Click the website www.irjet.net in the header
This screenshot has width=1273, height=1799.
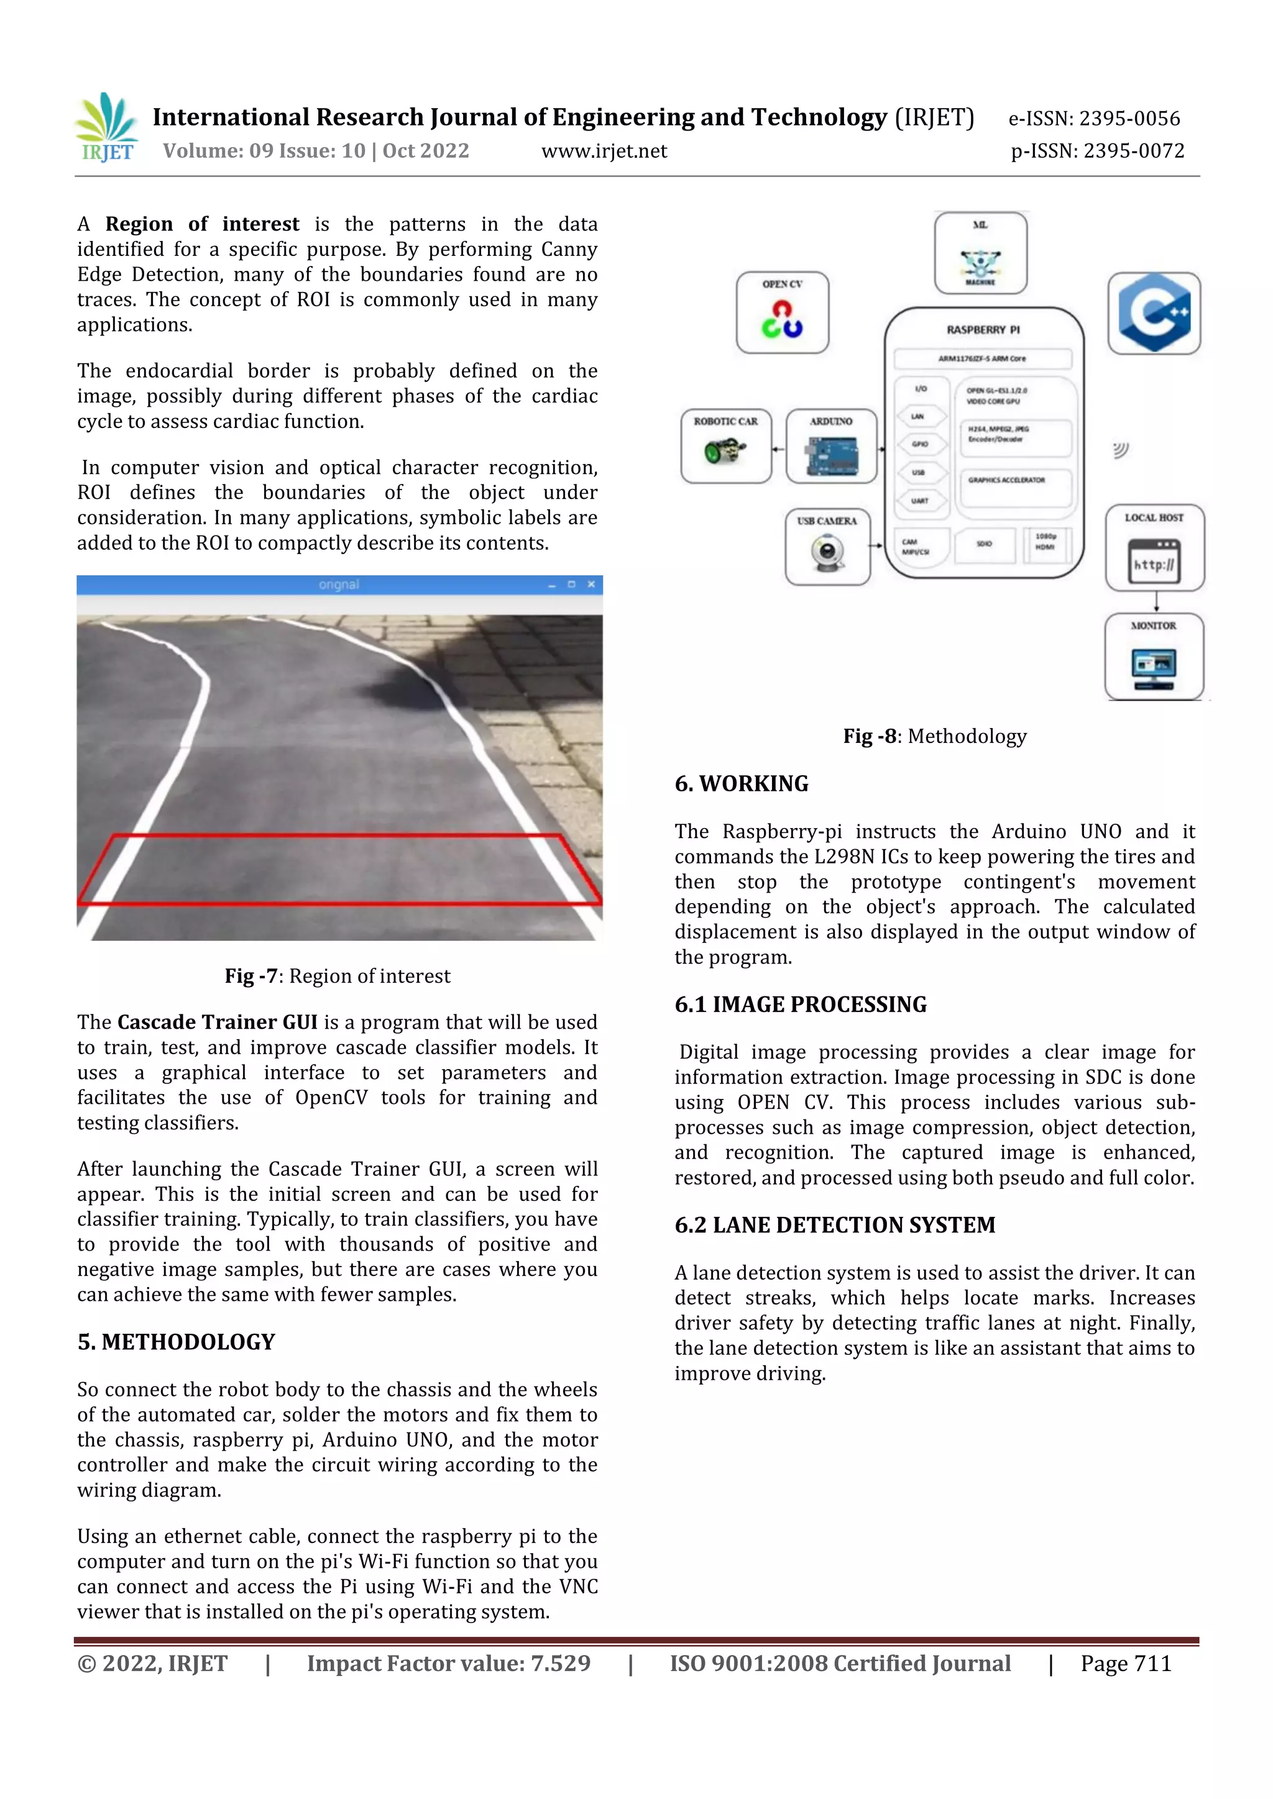point(604,150)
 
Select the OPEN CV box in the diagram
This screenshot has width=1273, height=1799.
point(781,312)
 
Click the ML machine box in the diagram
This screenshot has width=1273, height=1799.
point(980,253)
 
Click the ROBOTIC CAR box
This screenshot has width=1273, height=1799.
point(726,445)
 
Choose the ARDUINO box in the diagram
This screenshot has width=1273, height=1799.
point(831,445)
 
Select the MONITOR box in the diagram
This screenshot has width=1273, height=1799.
point(1153,656)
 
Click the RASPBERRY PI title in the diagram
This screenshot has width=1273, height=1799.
point(983,330)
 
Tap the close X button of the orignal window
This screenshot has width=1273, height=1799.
point(591,585)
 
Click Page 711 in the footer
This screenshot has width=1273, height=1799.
point(1126,1663)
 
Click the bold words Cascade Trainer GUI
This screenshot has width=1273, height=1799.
point(217,1022)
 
